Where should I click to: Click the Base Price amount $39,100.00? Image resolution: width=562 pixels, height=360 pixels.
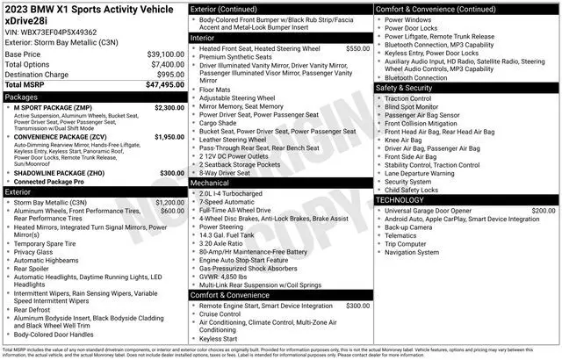162,54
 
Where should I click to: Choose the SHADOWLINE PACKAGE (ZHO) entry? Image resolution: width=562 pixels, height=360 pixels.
57,174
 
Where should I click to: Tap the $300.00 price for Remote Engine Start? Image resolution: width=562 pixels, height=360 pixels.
353,306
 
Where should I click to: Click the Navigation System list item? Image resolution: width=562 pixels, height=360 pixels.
417,252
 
